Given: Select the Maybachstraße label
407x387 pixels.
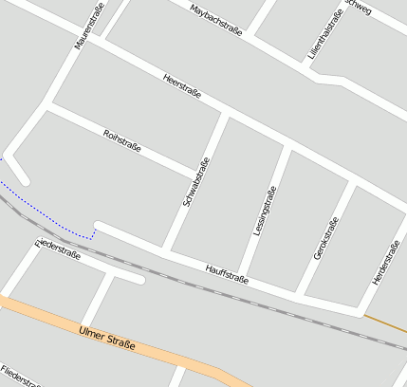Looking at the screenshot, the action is (216, 20).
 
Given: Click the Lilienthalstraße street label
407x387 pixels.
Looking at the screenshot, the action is (325, 36).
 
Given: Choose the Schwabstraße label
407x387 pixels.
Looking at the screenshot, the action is (196, 182).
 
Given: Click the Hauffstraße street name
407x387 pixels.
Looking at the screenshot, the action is (227, 274).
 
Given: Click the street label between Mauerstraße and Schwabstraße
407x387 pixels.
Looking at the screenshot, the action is (121, 140).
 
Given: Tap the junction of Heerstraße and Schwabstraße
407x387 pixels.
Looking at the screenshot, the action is (225, 115).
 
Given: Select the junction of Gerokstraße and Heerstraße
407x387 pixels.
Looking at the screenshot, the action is (356, 183).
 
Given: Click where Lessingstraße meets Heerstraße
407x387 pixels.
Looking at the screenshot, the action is (287, 147).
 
